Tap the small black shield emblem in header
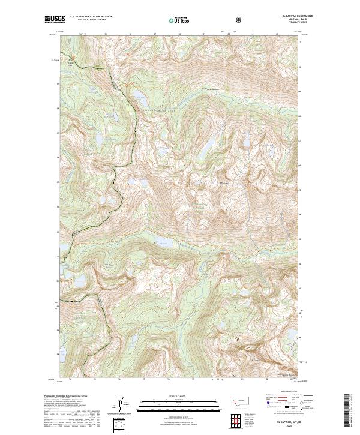tap(240, 19)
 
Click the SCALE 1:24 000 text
tap(174, 396)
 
